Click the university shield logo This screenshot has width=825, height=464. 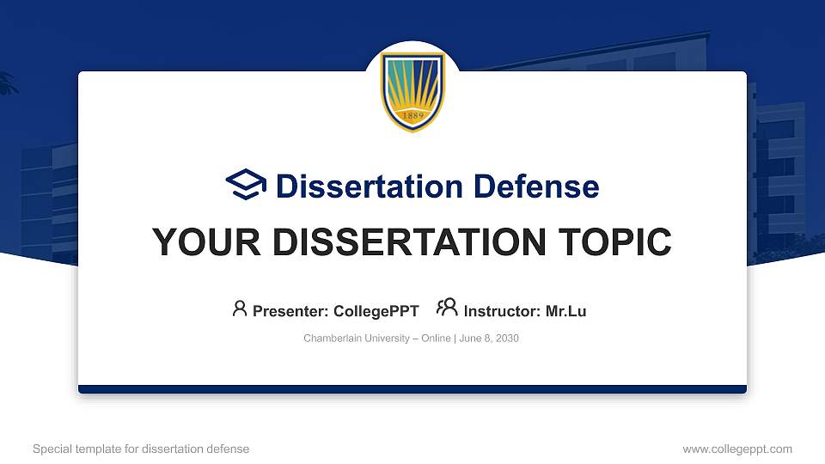click(412, 92)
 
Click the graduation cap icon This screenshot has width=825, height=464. click(247, 186)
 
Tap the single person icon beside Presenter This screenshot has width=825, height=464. click(240, 308)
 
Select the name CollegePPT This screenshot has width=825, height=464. click(376, 311)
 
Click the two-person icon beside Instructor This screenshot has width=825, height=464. click(447, 308)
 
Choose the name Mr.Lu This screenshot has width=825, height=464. click(565, 311)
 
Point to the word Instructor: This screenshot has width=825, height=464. click(502, 311)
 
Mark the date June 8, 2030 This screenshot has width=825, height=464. click(489, 339)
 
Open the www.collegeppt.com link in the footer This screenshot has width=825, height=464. click(736, 449)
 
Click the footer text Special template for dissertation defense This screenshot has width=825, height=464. click(141, 449)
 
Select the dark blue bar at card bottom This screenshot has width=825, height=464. click(412, 389)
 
